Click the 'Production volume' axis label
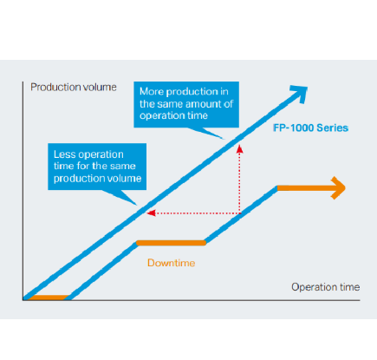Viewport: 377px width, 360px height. [74, 87]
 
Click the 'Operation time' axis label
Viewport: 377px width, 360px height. [326, 287]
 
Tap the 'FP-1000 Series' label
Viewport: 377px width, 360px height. [310, 128]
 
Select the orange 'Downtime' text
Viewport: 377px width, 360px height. [172, 263]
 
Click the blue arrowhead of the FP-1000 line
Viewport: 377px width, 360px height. [299, 93]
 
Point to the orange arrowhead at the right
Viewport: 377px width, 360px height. [339, 188]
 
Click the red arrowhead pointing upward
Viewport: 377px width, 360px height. [239, 149]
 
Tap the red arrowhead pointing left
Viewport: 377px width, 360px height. [151, 213]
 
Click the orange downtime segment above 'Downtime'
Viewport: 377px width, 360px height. [171, 243]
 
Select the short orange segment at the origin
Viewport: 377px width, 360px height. [49, 298]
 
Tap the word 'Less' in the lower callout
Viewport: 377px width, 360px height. [64, 154]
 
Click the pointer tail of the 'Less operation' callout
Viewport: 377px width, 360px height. [122, 197]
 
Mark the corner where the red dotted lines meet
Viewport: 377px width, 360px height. [240, 213]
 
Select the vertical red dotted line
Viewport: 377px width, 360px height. [239, 180]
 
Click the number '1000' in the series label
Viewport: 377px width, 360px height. [302, 128]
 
